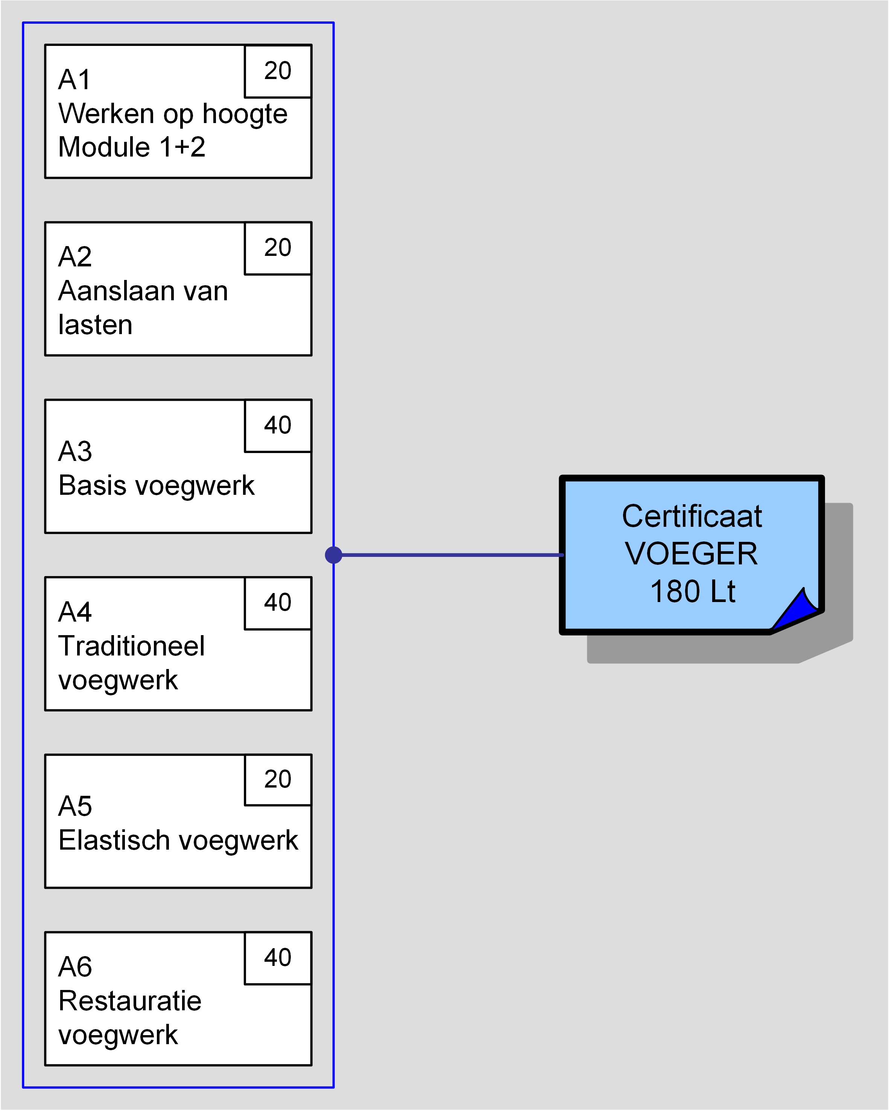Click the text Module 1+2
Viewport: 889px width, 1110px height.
pos(131,147)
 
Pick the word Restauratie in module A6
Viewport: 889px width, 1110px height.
pos(130,1001)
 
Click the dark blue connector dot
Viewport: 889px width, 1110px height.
pos(334,555)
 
